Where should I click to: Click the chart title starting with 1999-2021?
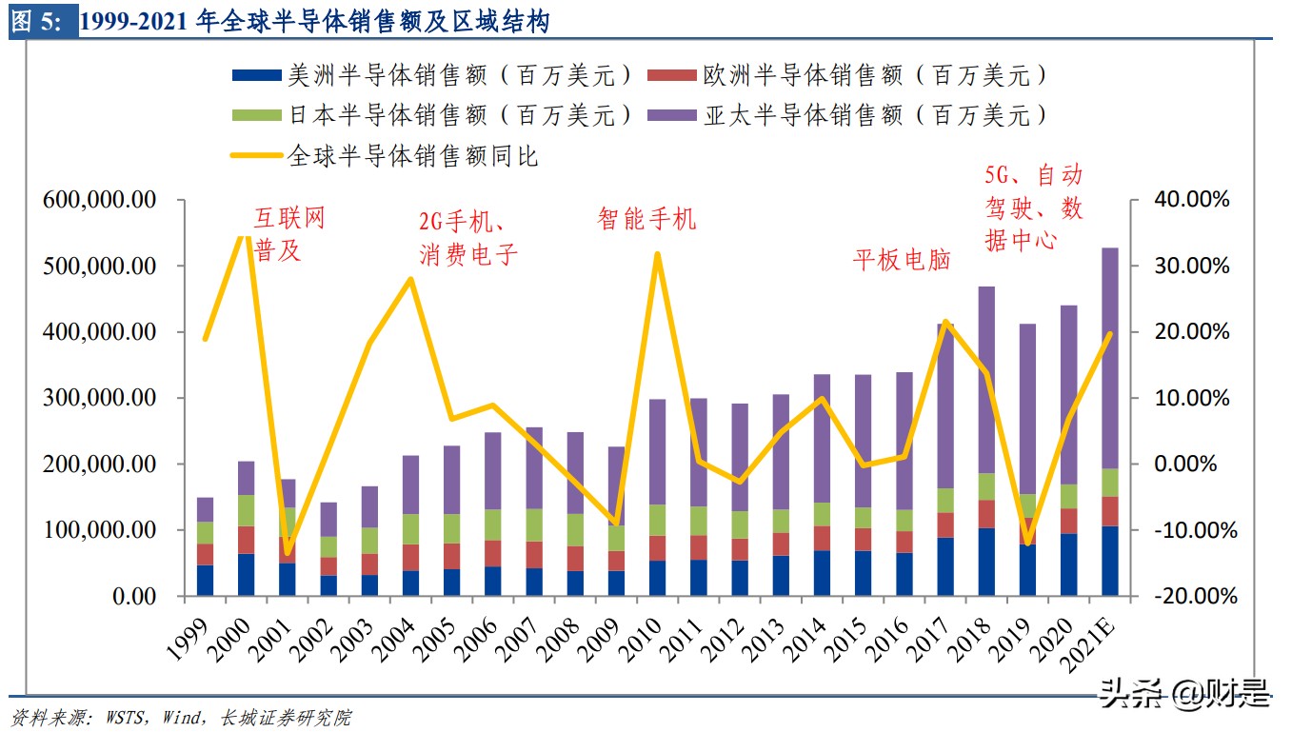[314, 22]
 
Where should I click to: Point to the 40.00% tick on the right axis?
[1190, 200]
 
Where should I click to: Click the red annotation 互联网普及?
[288, 234]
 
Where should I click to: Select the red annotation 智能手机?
[646, 219]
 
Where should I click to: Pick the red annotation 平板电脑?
[901, 260]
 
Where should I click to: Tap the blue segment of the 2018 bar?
[986, 562]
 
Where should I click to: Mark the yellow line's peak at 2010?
[658, 254]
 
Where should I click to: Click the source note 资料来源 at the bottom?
[180, 717]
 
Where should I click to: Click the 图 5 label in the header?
[37, 22]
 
